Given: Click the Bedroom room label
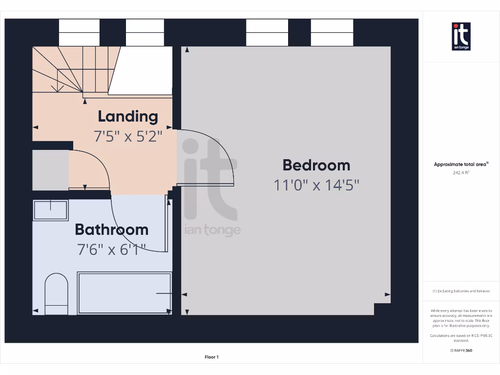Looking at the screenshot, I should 316,165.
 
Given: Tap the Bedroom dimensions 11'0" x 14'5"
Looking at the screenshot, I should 316,185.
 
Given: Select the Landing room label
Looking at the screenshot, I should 128,116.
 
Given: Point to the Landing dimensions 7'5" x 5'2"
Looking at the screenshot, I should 127,136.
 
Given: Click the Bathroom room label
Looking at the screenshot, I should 111,229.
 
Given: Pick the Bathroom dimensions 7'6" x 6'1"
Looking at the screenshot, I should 111,250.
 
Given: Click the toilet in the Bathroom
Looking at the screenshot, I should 56,294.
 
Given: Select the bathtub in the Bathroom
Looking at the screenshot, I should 125,293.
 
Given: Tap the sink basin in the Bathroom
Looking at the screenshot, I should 50,210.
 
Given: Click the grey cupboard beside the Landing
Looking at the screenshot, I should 50,170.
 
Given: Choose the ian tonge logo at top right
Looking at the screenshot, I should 461,36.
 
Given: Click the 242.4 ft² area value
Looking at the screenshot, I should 461,172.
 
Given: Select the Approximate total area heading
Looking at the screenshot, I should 461,165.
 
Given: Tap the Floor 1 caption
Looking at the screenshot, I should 211,357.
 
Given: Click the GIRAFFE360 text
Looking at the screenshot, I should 461,350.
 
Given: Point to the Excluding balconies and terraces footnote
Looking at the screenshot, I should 461,291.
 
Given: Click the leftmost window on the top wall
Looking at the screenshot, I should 79,33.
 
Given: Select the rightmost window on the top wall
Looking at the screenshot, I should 332,33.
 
